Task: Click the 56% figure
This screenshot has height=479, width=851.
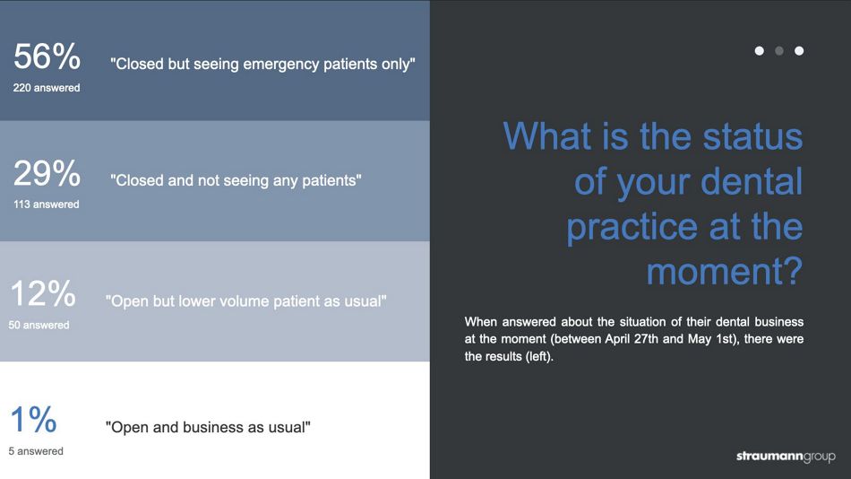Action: click(x=47, y=57)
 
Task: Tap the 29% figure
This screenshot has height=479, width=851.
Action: click(x=47, y=173)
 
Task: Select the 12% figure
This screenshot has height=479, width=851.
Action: click(x=43, y=293)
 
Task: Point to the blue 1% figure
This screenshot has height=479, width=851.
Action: click(x=34, y=420)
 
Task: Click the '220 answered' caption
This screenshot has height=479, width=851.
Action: click(x=47, y=88)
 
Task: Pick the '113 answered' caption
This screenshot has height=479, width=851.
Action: click(x=46, y=205)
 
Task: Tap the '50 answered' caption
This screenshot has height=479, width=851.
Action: click(x=39, y=325)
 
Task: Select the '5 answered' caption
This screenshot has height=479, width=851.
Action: click(x=36, y=451)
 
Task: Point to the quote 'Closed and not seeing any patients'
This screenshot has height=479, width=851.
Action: click(x=236, y=180)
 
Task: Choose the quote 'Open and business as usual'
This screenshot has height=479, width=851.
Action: click(x=208, y=427)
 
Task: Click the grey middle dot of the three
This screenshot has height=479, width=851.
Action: click(x=779, y=50)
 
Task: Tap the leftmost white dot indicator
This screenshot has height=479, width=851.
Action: click(x=760, y=50)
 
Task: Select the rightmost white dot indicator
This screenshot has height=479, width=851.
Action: click(x=799, y=50)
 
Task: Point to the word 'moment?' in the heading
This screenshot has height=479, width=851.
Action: click(x=724, y=271)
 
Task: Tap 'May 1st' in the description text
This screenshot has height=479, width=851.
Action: click(x=710, y=339)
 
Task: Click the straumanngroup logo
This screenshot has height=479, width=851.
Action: click(x=786, y=457)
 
